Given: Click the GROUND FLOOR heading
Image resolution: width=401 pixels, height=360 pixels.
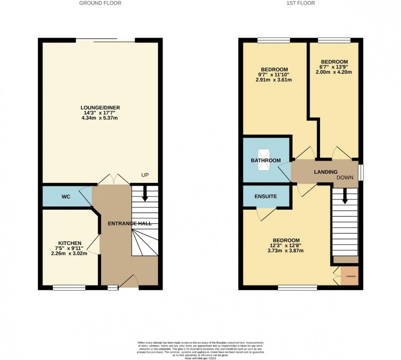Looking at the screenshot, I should pyautogui.click(x=100, y=3).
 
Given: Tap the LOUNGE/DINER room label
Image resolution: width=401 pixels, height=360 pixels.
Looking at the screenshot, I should pyautogui.click(x=100, y=108).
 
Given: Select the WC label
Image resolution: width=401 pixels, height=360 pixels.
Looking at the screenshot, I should pyautogui.click(x=66, y=197).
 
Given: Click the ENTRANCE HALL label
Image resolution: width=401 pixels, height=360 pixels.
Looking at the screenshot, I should pyautogui.click(x=130, y=224).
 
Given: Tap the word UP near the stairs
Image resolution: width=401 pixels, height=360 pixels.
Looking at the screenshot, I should pyautogui.click(x=145, y=175).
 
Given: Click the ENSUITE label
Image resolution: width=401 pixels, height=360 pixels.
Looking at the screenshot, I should pyautogui.click(x=266, y=197).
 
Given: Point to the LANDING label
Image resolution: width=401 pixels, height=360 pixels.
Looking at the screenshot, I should pyautogui.click(x=326, y=172).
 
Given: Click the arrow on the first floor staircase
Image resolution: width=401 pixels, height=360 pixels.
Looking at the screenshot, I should pyautogui.click(x=345, y=197).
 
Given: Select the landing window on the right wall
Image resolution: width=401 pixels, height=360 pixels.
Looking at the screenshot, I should pyautogui.click(x=360, y=172).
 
